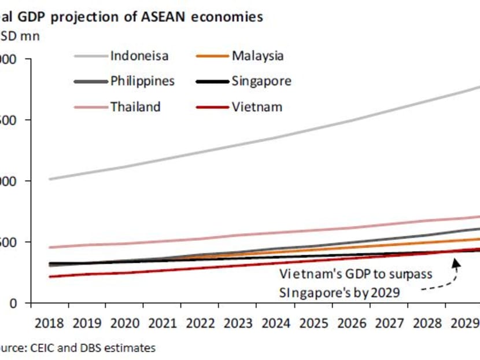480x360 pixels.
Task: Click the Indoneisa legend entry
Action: [x=139, y=56]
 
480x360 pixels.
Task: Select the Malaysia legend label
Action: [x=257, y=56]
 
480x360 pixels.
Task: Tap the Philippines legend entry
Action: [x=142, y=81]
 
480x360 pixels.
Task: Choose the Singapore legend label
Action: [x=261, y=81]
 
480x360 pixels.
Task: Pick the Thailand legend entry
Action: [x=135, y=106]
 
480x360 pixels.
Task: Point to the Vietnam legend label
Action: [x=257, y=106]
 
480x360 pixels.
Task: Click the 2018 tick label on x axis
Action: [x=50, y=324]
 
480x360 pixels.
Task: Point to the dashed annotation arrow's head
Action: [x=456, y=263]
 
